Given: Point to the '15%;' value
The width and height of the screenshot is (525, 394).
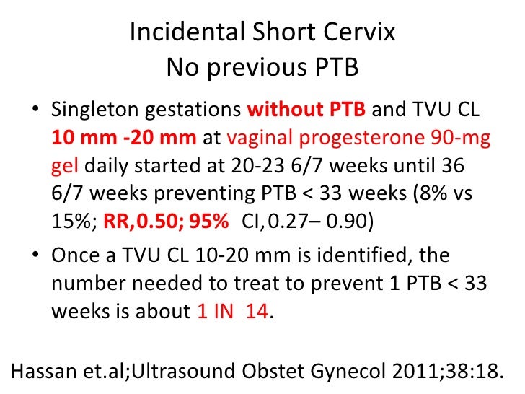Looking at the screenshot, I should [67, 221].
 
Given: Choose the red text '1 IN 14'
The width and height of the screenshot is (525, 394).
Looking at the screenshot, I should [231, 312].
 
